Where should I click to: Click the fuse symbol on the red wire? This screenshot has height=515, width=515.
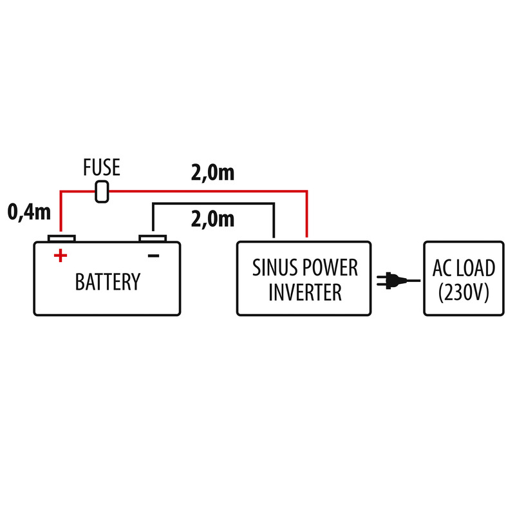click(x=101, y=192)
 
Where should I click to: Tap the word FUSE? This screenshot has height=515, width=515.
click(x=102, y=169)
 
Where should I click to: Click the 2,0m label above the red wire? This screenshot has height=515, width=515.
click(x=212, y=173)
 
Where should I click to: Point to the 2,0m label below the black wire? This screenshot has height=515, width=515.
click(x=212, y=220)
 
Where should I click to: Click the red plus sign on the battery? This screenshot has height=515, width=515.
click(x=60, y=256)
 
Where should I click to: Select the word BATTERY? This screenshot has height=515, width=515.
click(x=108, y=282)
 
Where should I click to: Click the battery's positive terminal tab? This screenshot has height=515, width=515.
click(x=61, y=238)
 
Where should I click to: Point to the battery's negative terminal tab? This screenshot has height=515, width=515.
click(x=153, y=238)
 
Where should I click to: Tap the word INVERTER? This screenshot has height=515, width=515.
click(x=304, y=293)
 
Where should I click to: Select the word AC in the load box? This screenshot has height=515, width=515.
click(x=444, y=268)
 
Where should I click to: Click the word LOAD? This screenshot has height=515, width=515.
click(x=476, y=268)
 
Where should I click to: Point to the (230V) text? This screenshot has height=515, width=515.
click(x=464, y=293)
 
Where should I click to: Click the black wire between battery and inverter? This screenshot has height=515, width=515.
click(x=212, y=204)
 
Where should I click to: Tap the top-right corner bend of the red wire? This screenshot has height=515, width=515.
click(x=306, y=192)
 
